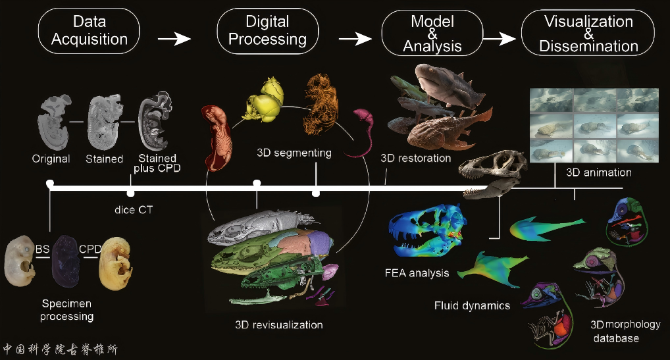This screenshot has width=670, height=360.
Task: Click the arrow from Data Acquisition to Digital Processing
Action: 174,39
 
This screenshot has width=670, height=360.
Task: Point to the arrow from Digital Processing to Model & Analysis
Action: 355,39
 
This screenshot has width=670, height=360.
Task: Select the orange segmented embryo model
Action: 321,104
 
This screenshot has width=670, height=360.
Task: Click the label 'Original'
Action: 51,159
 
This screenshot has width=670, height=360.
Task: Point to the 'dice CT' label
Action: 134,210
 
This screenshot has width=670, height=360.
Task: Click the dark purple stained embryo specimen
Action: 65,261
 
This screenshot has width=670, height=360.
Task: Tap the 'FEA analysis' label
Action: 417,273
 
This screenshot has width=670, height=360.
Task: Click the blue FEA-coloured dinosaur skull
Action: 427,229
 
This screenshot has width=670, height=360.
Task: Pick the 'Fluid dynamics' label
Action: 472,306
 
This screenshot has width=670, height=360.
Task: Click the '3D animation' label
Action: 599,172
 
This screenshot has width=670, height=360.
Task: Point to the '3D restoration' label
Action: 416,159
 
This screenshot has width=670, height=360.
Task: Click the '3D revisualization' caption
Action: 279,325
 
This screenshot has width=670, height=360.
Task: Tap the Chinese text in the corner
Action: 61,349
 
